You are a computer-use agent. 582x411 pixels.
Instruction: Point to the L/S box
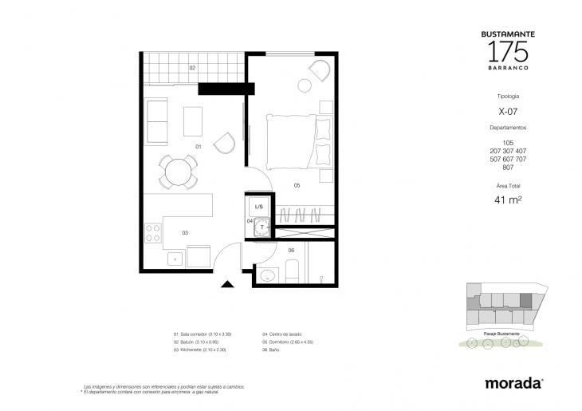pos(259,207)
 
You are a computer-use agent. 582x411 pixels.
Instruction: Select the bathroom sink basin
pos(267,276)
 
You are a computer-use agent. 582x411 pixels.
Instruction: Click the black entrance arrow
pos(228,283)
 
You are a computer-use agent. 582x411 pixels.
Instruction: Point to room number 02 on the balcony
pos(192,69)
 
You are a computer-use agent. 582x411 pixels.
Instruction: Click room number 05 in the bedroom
pos(296,185)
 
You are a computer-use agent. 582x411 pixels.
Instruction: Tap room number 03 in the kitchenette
pos(184,232)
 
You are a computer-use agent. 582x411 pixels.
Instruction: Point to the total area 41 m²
pos(508,200)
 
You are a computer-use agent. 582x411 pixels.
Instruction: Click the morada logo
pos(513,383)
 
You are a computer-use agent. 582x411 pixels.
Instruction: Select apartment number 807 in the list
pos(508,167)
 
